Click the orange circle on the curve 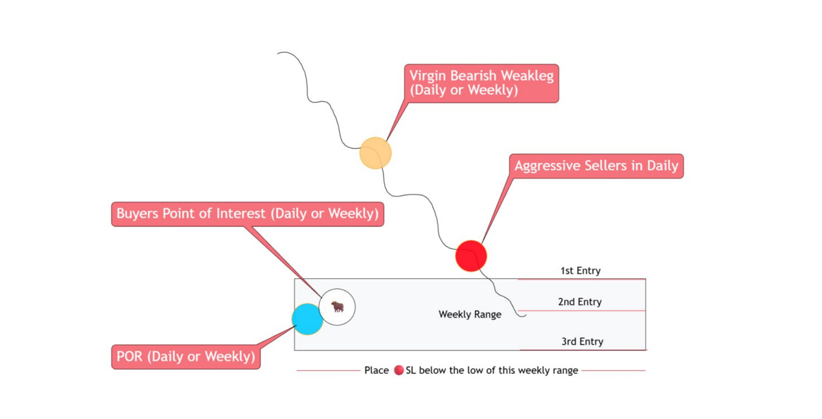pyautogui.click(x=375, y=153)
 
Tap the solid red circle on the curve pyautogui.click(x=471, y=256)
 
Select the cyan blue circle pyautogui.click(x=307, y=319)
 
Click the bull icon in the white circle pyautogui.click(x=337, y=306)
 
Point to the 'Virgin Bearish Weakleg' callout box pyautogui.click(x=482, y=84)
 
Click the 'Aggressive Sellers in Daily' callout pyautogui.click(x=596, y=166)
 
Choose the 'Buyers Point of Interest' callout pyautogui.click(x=248, y=214)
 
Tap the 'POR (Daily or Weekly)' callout pyautogui.click(x=186, y=357)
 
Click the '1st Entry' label pyautogui.click(x=580, y=271)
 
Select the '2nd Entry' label pyautogui.click(x=580, y=302)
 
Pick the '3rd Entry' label pyautogui.click(x=583, y=342)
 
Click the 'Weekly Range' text pyautogui.click(x=470, y=314)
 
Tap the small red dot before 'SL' pyautogui.click(x=399, y=370)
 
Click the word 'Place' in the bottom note pyautogui.click(x=376, y=370)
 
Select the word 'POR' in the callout pyautogui.click(x=130, y=356)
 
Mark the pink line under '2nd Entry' pyautogui.click(x=581, y=311)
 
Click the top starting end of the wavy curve pyautogui.click(x=278, y=53)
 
